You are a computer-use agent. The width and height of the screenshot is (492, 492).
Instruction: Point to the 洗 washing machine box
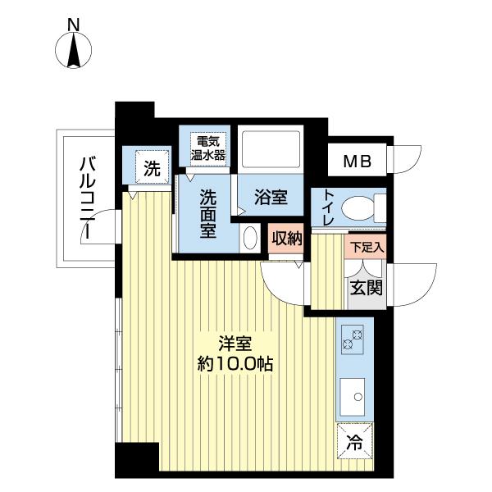(153, 169)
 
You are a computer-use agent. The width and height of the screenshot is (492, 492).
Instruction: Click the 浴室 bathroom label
(270, 198)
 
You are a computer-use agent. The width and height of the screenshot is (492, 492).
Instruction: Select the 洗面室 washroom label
(208, 213)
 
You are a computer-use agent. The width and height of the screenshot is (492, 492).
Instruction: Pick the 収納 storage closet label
(287, 239)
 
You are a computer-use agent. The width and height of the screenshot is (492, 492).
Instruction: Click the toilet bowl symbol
(361, 208)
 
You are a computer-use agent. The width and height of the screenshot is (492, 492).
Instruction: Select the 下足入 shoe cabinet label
(367, 246)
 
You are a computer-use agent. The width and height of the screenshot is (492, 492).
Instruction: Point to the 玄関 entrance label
(367, 287)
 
